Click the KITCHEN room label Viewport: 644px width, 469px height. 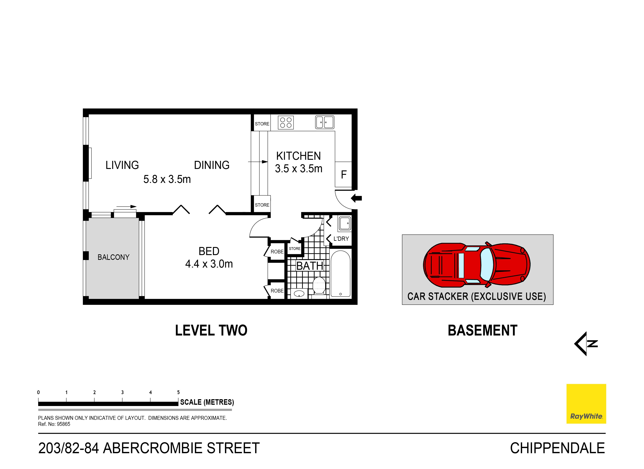pyautogui.click(x=298, y=156)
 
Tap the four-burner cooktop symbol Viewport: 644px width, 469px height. pyautogui.click(x=286, y=123)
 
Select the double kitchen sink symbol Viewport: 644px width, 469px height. pyautogui.click(x=324, y=122)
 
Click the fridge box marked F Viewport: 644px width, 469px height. pyautogui.click(x=344, y=174)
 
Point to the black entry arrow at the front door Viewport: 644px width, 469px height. pyautogui.click(x=356, y=198)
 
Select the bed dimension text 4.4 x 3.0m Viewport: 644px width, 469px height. pyautogui.click(x=209, y=264)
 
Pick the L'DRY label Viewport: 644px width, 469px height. pyautogui.click(x=341, y=239)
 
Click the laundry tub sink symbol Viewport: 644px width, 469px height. pyautogui.click(x=345, y=223)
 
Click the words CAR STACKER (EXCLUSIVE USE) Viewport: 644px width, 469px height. pyautogui.click(x=476, y=296)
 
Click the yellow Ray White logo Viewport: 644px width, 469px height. pyautogui.click(x=586, y=404)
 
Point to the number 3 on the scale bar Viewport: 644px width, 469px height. pyautogui.click(x=122, y=392)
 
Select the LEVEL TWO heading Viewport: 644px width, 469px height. pyautogui.click(x=211, y=330)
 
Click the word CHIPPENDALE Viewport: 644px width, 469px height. pyautogui.click(x=557, y=448)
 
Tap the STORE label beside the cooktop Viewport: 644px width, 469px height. pyautogui.click(x=262, y=124)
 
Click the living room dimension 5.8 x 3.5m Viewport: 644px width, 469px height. pyautogui.click(x=167, y=179)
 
